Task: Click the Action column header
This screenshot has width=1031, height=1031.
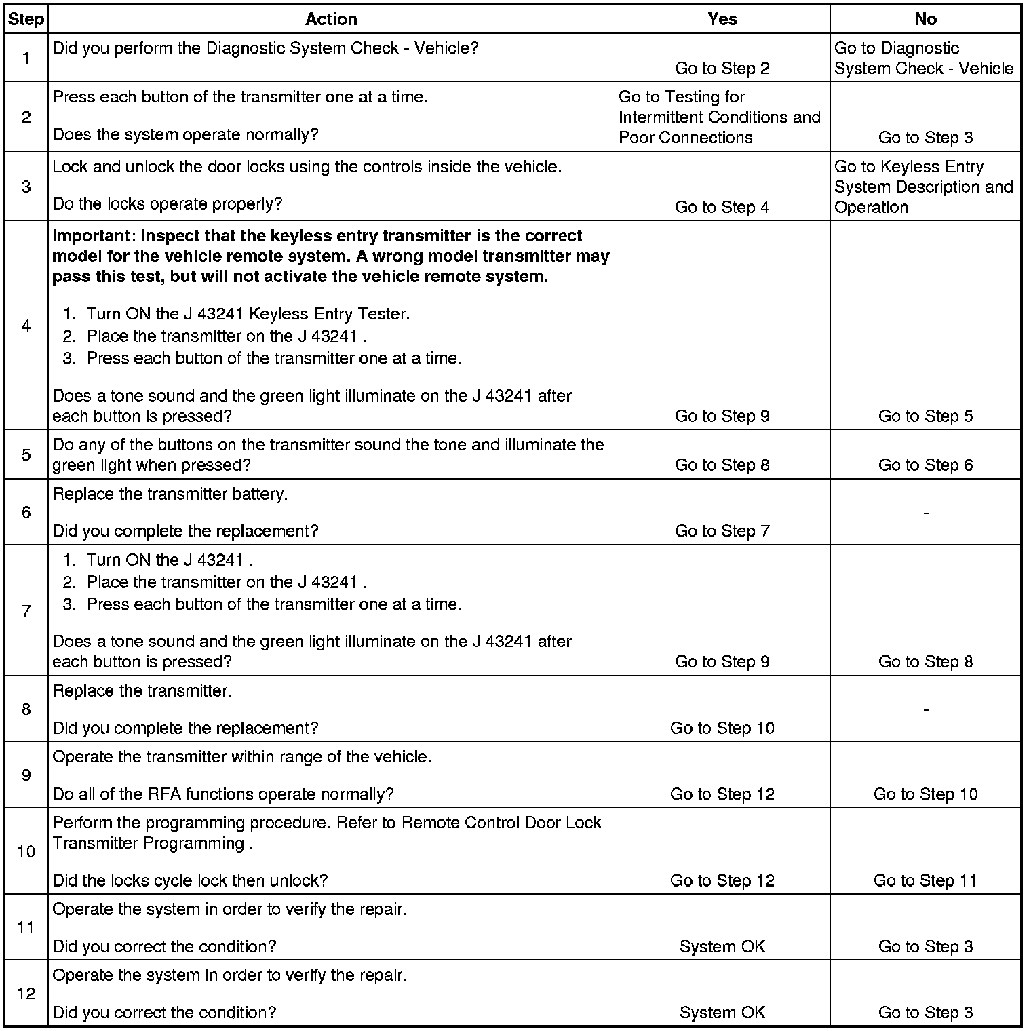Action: coord(331,19)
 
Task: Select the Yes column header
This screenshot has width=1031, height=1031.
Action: coord(722,19)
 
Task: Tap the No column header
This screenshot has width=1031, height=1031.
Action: coord(925,19)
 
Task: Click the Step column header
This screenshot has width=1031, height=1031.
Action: coord(26,19)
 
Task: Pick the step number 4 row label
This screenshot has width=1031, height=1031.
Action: coord(26,326)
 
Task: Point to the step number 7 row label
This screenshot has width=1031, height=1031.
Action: coord(26,611)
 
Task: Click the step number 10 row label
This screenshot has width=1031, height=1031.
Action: coord(26,851)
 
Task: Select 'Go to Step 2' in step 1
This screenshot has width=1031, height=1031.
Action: coord(722,69)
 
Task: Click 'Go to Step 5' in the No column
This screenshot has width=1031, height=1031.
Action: coord(925,416)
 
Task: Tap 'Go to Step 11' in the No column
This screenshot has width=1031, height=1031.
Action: coord(925,880)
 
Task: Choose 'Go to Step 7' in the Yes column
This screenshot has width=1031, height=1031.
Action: coord(722,531)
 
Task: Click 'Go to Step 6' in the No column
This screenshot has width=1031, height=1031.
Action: coord(925,465)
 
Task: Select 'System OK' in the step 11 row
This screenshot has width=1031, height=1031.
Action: coord(722,946)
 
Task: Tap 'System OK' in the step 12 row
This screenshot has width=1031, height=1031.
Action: coord(722,1013)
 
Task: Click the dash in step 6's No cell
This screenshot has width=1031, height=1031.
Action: coord(926,513)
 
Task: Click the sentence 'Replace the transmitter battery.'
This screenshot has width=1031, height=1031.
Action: coord(170,494)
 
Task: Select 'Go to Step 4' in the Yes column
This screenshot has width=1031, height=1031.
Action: coord(722,208)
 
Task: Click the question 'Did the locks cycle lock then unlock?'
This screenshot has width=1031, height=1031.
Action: coord(190,880)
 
